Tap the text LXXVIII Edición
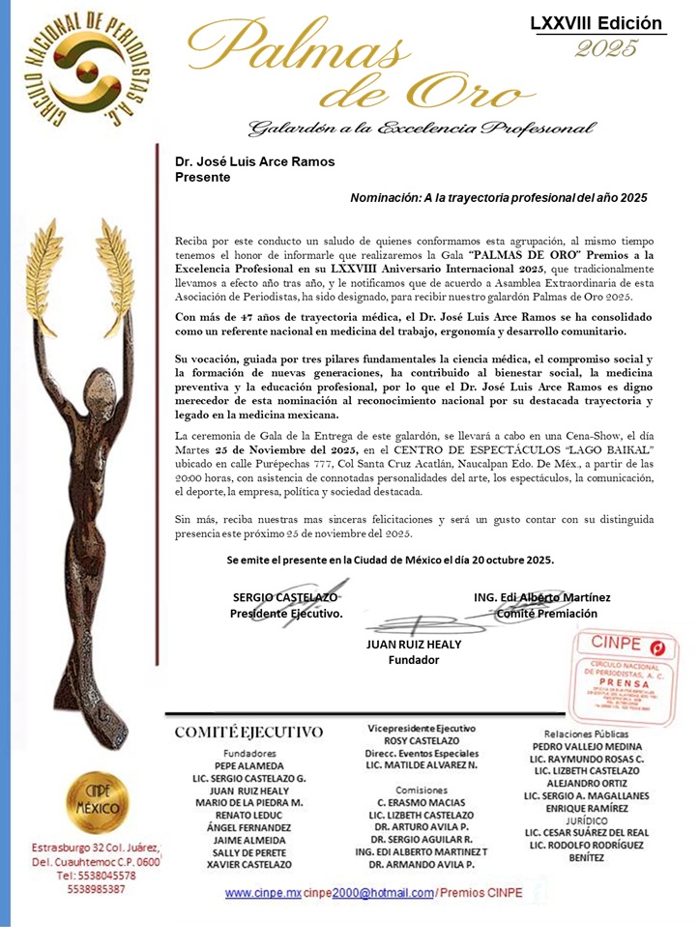(x=597, y=23)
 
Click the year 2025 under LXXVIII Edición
(x=606, y=48)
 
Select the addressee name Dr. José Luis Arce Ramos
(x=254, y=161)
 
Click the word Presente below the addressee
(x=202, y=177)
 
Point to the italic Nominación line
(x=498, y=197)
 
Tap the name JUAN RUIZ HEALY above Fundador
(x=413, y=645)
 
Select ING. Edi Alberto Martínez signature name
(x=541, y=597)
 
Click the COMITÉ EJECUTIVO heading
(x=248, y=733)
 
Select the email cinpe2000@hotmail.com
(x=367, y=894)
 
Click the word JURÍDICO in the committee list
(x=586, y=820)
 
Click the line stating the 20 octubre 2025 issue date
(x=390, y=560)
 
